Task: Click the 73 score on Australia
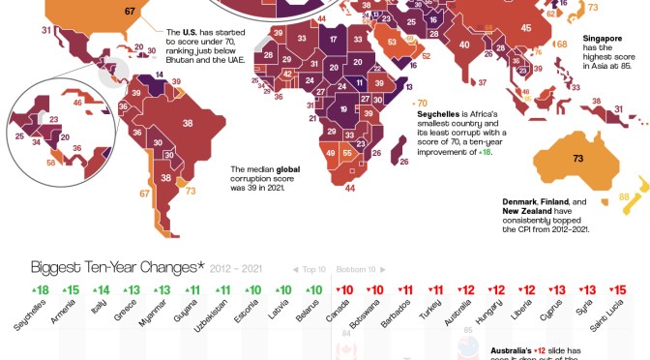(577, 157)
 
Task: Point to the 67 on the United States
(130, 12)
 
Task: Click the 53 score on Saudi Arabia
(393, 43)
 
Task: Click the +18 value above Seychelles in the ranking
(39, 289)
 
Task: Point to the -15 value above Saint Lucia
(616, 289)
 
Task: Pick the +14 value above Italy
(100, 289)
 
